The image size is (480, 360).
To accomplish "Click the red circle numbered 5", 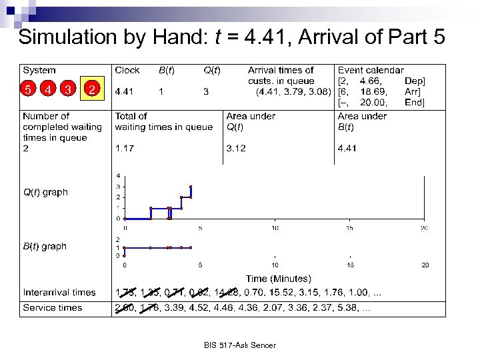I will tap(28, 89).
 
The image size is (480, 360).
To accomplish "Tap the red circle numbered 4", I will tap(49, 89).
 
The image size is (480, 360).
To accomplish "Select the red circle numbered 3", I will tap(69, 89).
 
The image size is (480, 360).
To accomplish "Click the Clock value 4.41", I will tap(127, 91).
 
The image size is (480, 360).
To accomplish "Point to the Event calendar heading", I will tap(371, 70).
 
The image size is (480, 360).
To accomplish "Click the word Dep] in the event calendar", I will tap(414, 81).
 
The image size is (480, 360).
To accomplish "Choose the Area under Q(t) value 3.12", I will tap(237, 149).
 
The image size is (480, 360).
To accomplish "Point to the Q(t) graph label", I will tap(45, 192).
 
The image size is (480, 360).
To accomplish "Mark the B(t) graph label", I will tap(45, 246).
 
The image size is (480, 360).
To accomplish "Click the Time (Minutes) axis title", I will tap(278, 279).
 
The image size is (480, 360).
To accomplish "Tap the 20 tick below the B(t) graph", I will tap(424, 265).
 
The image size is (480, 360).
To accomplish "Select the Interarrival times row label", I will tap(59, 292).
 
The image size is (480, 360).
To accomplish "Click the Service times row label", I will tap(53, 307).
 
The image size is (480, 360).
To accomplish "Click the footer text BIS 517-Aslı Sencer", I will tap(240, 345).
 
